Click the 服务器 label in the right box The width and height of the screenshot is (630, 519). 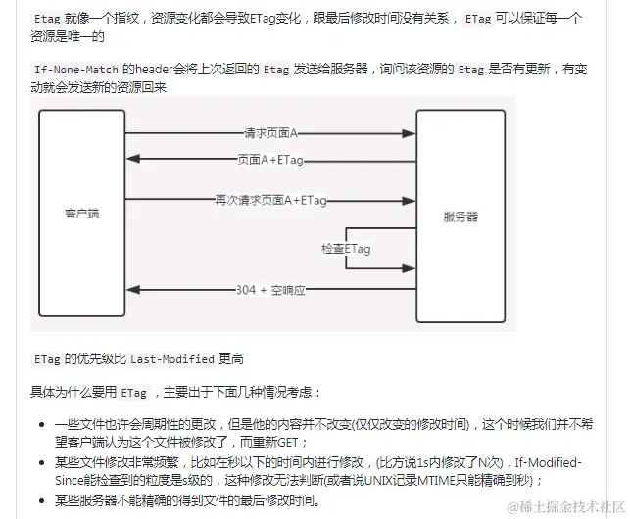coord(460,214)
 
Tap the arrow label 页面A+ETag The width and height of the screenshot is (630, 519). coord(270,158)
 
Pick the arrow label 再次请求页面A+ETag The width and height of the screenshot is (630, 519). coord(271,200)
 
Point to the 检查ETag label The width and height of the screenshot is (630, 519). coord(346,249)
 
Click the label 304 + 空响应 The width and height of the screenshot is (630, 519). coord(273,290)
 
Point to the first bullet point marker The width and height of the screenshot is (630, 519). coord(41,424)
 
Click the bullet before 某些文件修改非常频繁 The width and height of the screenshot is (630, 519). coord(41,462)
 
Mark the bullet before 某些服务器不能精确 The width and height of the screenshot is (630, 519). coord(41,500)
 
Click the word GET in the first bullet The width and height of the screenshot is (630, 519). coord(299,442)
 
